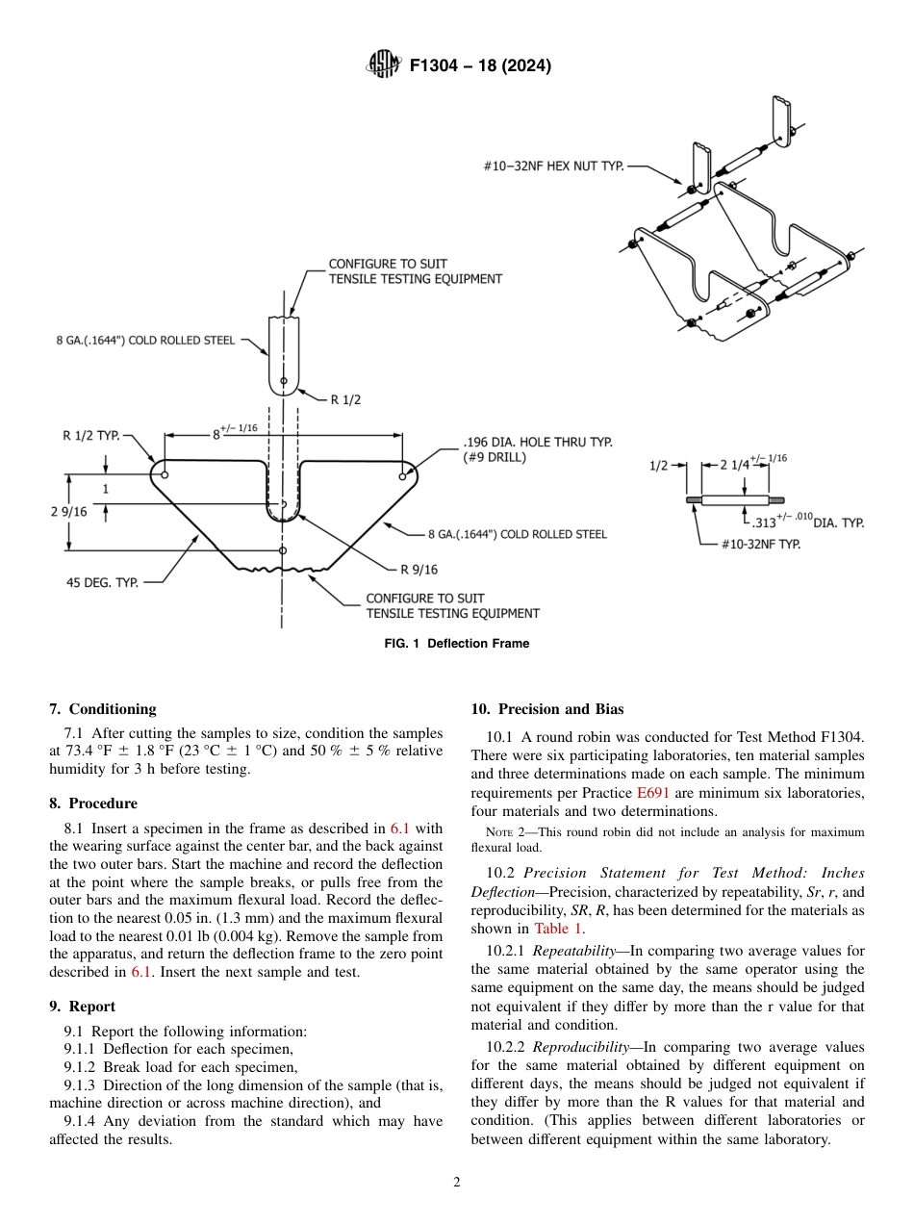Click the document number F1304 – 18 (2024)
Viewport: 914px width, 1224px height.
(480, 66)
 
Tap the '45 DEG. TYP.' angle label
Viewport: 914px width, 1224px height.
(102, 582)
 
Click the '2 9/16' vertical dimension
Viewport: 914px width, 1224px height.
(68, 512)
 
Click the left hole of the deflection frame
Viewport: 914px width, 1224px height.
(165, 475)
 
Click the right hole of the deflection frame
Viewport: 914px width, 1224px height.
(403, 475)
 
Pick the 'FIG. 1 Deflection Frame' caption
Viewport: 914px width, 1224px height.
(456, 644)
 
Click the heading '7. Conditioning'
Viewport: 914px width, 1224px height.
(102, 709)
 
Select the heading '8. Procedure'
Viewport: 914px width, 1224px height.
(93, 803)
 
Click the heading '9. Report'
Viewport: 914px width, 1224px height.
(82, 1007)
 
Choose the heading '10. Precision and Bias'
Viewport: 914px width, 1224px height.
(546, 709)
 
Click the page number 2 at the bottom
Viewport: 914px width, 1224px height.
(457, 1183)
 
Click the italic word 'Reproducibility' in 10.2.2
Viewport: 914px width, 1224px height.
(583, 1047)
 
